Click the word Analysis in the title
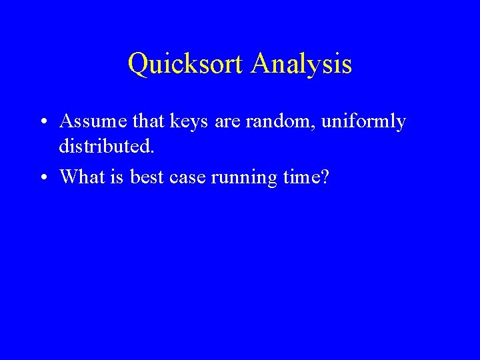click(302, 64)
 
